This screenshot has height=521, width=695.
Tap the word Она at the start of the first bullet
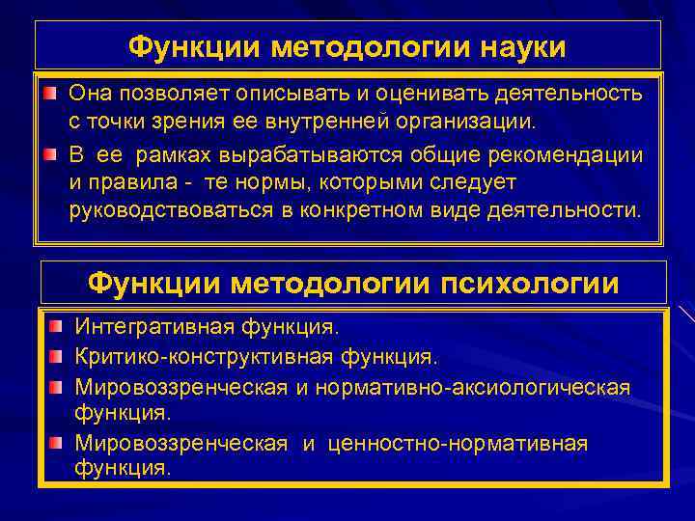(93, 93)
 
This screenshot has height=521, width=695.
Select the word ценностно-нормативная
(457, 444)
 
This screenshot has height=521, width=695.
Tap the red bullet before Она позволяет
(48, 93)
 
